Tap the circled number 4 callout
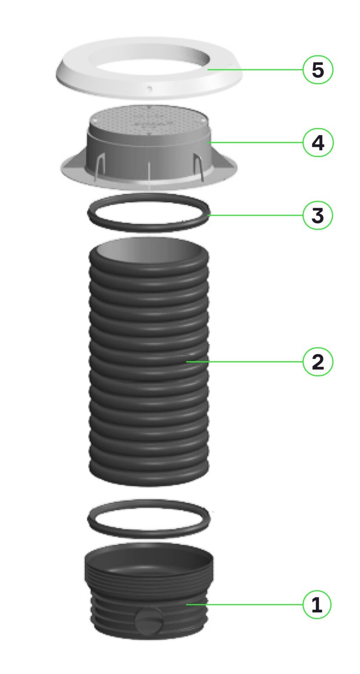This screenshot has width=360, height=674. [317, 142]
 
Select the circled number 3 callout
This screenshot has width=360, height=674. [317, 215]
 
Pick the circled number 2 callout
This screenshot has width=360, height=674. [317, 362]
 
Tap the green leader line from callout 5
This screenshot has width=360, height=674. [255, 69]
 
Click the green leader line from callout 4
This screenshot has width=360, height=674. [255, 142]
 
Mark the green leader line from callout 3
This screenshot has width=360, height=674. [255, 215]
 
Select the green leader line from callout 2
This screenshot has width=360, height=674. [244, 362]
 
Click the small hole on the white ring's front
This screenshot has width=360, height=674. [149, 88]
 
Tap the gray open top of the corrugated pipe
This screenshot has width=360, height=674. [149, 251]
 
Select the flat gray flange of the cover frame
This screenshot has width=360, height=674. [149, 180]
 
